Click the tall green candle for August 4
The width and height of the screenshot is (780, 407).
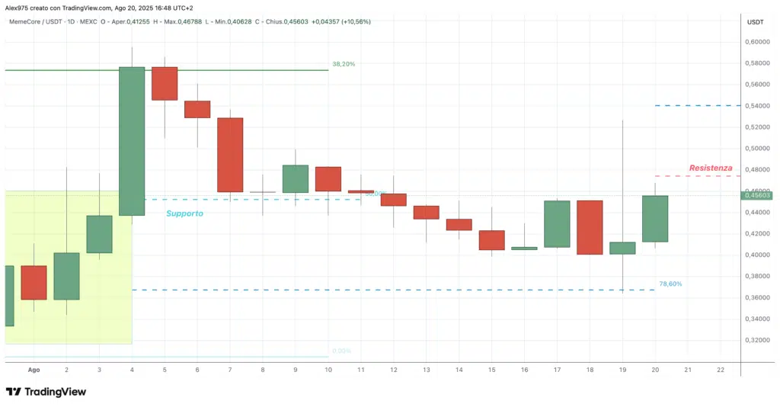132,141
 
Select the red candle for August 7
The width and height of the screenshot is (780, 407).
230,155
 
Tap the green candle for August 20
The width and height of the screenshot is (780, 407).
655,219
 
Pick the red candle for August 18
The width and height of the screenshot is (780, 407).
590,227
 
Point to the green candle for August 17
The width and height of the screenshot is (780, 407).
557,224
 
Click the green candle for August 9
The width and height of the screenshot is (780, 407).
296,178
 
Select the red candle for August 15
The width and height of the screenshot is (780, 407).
491,240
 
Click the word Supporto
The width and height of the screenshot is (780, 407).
184,214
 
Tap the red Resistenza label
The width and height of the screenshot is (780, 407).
711,168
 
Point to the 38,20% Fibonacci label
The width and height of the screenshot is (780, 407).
344,64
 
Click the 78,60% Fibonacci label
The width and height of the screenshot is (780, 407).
670,284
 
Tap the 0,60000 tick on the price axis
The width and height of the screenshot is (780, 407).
759,42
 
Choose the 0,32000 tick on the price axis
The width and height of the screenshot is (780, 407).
759,340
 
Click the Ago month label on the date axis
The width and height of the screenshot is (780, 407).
34,370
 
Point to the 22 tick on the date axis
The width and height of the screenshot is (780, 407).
721,370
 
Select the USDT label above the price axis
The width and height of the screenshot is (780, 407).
756,22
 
